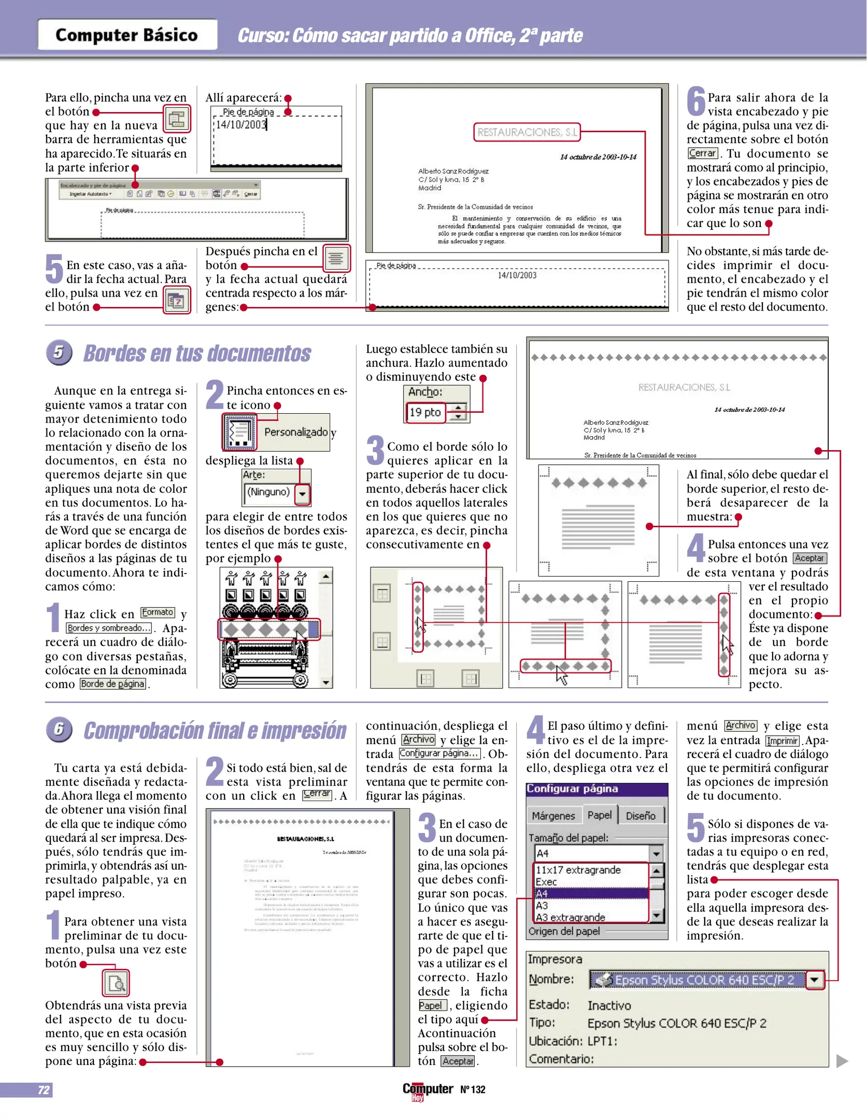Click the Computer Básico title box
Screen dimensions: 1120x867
tap(127, 35)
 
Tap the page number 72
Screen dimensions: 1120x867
tap(44, 1089)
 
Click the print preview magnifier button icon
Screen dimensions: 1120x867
tap(116, 983)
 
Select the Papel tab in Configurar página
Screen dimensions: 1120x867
tap(599, 815)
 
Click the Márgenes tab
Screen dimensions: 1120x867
tap(553, 816)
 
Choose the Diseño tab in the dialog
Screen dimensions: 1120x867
tap(641, 816)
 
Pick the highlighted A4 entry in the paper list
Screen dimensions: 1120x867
tap(591, 893)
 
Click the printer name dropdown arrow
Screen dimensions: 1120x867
tap(815, 979)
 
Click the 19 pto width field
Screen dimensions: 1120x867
tap(425, 412)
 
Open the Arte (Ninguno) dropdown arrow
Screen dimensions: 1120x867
tap(302, 494)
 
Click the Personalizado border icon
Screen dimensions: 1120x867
tap(239, 432)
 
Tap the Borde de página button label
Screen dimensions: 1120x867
tap(112, 684)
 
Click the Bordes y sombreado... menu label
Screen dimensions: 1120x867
tap(109, 628)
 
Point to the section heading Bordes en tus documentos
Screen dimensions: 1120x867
tap(197, 354)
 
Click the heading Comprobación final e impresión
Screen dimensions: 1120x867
tap(215, 731)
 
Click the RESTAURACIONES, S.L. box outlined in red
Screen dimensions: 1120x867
tap(527, 132)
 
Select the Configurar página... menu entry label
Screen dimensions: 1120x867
tap(439, 753)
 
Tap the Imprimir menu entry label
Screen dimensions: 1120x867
tap(782, 740)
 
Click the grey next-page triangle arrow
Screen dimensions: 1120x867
tap(842, 1060)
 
